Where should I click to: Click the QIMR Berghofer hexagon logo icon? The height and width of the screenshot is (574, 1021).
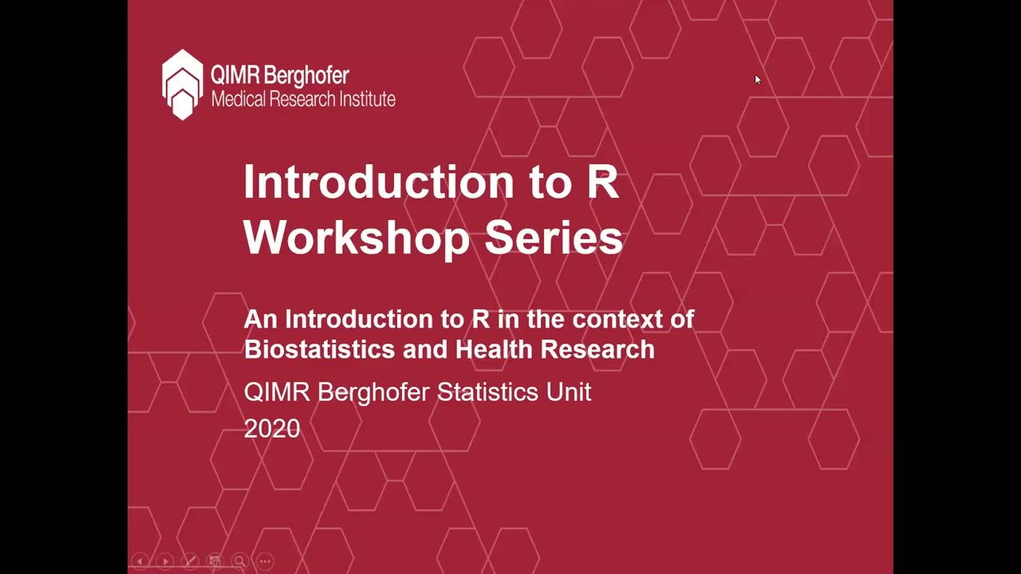coord(183,85)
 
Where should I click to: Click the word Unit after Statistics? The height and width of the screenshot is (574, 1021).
coord(569,392)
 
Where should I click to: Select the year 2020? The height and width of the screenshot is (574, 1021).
coord(272,429)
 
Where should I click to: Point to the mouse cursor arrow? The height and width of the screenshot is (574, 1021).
coord(757,79)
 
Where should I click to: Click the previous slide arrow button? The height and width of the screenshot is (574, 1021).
coord(140,561)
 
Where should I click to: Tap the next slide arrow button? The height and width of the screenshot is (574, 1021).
coord(165,561)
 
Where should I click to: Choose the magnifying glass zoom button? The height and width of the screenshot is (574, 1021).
coord(239,561)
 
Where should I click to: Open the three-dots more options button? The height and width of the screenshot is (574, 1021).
coord(265,561)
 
